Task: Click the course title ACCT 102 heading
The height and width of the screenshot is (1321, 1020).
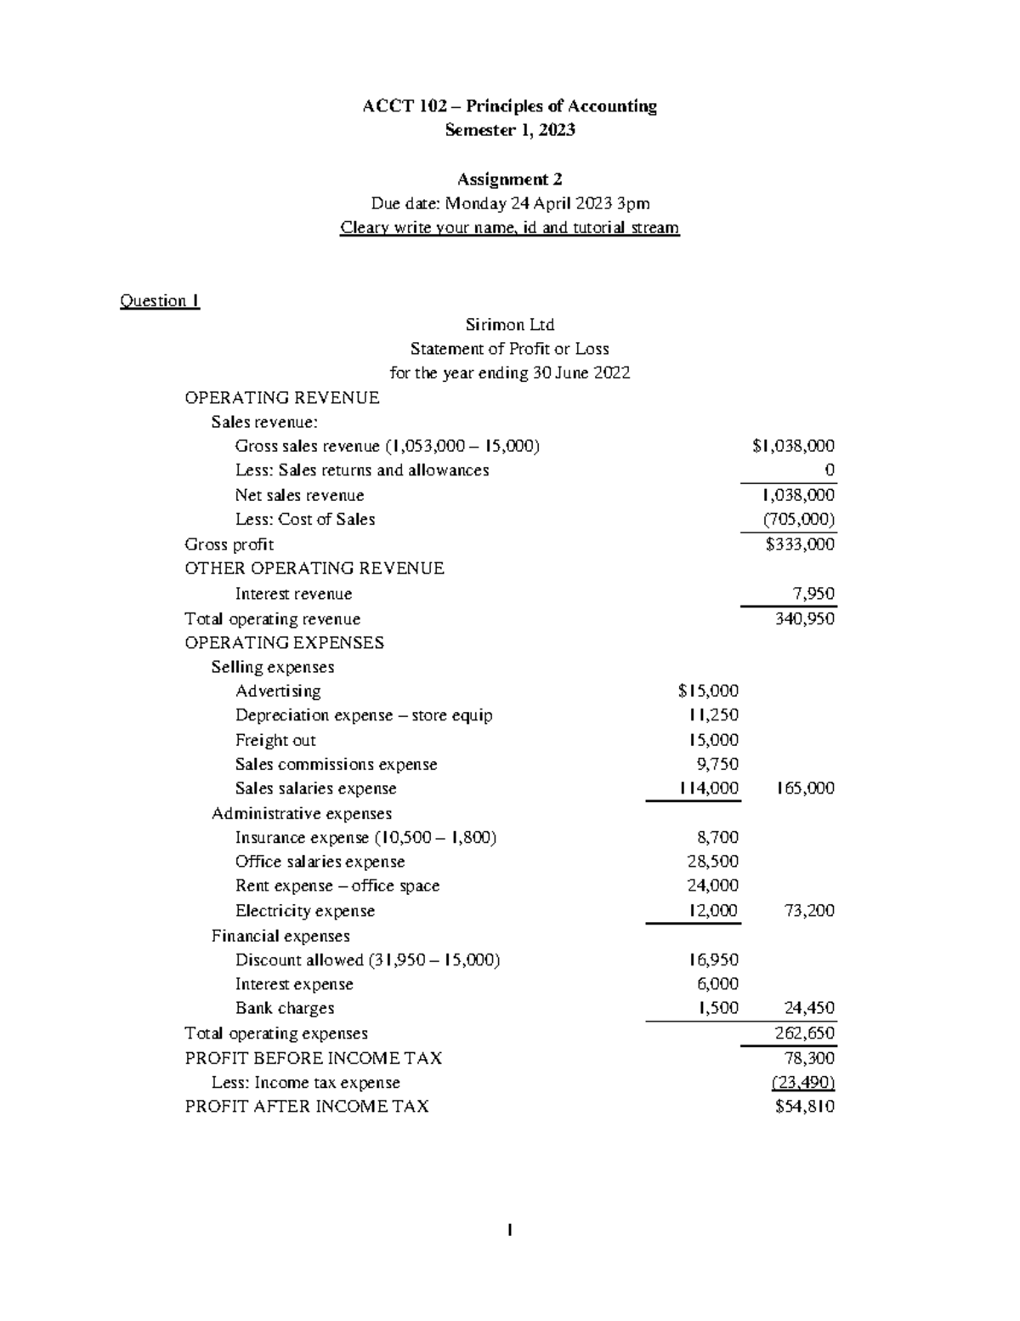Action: click(509, 106)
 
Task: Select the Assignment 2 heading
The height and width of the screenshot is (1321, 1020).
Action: click(509, 179)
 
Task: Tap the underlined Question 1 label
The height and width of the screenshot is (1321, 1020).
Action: click(160, 301)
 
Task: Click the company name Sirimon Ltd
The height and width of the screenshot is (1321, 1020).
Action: click(509, 325)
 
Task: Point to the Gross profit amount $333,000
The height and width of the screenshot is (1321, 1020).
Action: click(800, 544)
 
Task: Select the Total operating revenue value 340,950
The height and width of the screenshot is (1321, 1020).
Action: click(804, 619)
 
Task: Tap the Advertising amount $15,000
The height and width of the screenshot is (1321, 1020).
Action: click(708, 692)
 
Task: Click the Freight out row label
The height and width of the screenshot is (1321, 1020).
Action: click(275, 741)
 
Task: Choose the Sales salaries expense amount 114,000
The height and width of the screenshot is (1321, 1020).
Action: click(708, 789)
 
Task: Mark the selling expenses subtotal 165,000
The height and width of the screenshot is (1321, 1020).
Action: click(804, 789)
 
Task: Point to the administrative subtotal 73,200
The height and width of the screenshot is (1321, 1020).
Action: click(808, 911)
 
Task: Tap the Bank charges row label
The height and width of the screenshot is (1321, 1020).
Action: click(285, 1009)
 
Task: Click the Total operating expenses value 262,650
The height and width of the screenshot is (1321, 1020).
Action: click(804, 1033)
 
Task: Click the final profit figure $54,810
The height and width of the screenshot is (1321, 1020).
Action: click(804, 1107)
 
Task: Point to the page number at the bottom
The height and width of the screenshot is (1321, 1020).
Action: click(509, 1230)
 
